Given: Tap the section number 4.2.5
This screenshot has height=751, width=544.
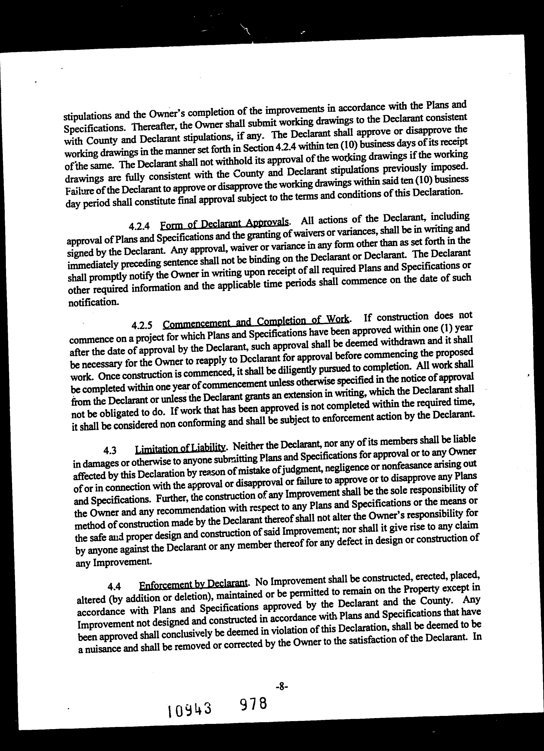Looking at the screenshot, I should click(142, 326).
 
